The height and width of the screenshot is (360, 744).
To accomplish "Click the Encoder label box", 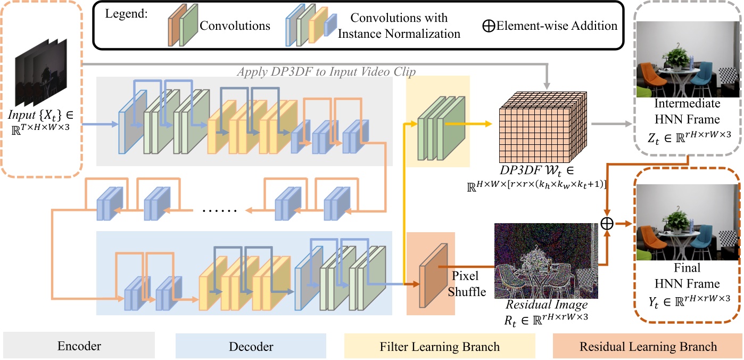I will [79, 347].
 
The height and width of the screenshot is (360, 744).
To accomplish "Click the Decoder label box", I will [251, 347].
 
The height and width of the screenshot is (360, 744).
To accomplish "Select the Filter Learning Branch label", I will [439, 347].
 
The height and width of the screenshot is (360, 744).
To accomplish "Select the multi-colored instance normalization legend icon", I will [310, 25].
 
